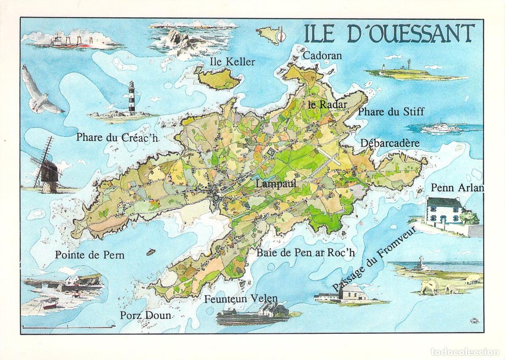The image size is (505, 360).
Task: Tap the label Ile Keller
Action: coord(232,62)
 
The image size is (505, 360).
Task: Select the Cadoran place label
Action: coord(322,56)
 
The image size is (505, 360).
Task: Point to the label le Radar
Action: coord(327,105)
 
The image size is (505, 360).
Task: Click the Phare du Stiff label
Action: coord(391,112)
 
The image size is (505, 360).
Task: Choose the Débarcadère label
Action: coord(390,143)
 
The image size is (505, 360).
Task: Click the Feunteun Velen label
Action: coord(241,299)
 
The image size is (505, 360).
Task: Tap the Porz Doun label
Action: coord(146,315)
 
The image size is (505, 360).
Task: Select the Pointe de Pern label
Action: coord(90,255)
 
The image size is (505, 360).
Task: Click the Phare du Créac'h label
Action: coord(117,137)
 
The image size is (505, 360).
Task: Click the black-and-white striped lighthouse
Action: coord(131,98)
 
